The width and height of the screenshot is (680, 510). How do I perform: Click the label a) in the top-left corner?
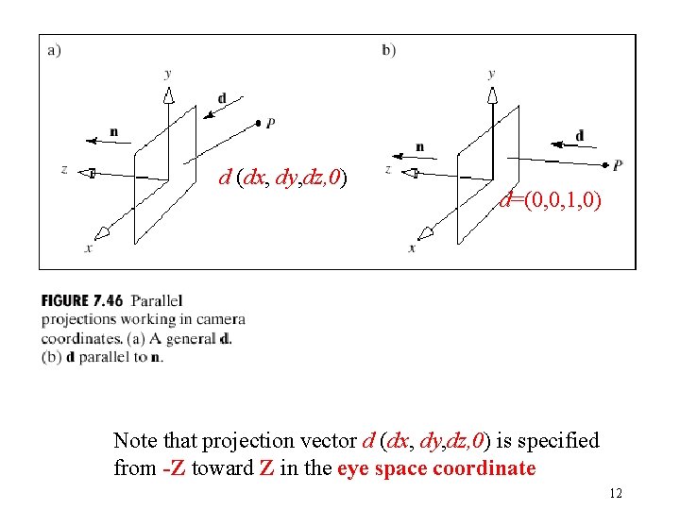click(54, 50)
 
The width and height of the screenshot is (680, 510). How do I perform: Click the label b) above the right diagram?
click(389, 50)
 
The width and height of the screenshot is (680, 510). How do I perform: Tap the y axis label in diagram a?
click(167, 73)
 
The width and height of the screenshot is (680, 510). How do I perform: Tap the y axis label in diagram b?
click(491, 73)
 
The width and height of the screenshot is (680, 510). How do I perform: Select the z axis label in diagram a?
click(63, 170)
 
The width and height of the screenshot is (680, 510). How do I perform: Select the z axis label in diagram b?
click(387, 169)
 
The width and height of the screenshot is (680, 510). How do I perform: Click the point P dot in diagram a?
click(259, 123)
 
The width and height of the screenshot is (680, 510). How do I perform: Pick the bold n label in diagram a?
click(113, 131)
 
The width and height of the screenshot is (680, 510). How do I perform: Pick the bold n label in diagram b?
click(418, 146)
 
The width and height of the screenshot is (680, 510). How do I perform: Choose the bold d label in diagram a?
click(221, 98)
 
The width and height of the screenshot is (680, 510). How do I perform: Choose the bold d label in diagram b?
click(579, 135)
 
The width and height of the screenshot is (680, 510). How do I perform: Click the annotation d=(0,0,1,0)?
click(549, 200)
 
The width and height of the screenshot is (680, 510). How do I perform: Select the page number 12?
click(617, 493)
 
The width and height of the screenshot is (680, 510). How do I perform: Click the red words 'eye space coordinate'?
click(435, 467)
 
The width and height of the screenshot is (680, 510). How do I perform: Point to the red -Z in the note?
click(173, 467)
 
